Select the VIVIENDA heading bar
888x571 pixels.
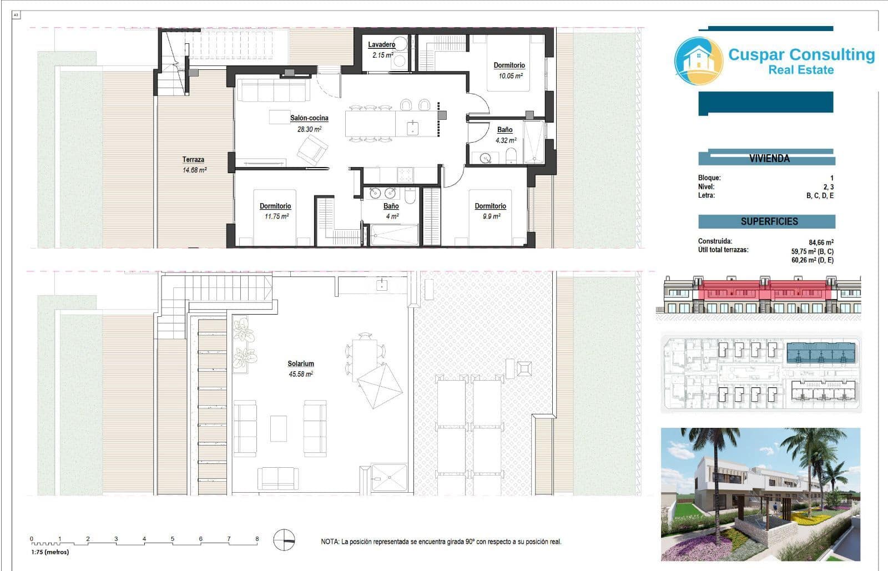coord(769,158)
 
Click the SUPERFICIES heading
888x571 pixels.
coord(769,221)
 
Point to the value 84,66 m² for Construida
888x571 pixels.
coord(821,242)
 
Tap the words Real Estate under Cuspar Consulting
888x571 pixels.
coord(800,70)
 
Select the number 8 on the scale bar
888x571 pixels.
coord(257,539)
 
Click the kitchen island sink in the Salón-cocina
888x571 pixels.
coord(412,128)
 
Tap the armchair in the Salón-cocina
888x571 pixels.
coord(312,149)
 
